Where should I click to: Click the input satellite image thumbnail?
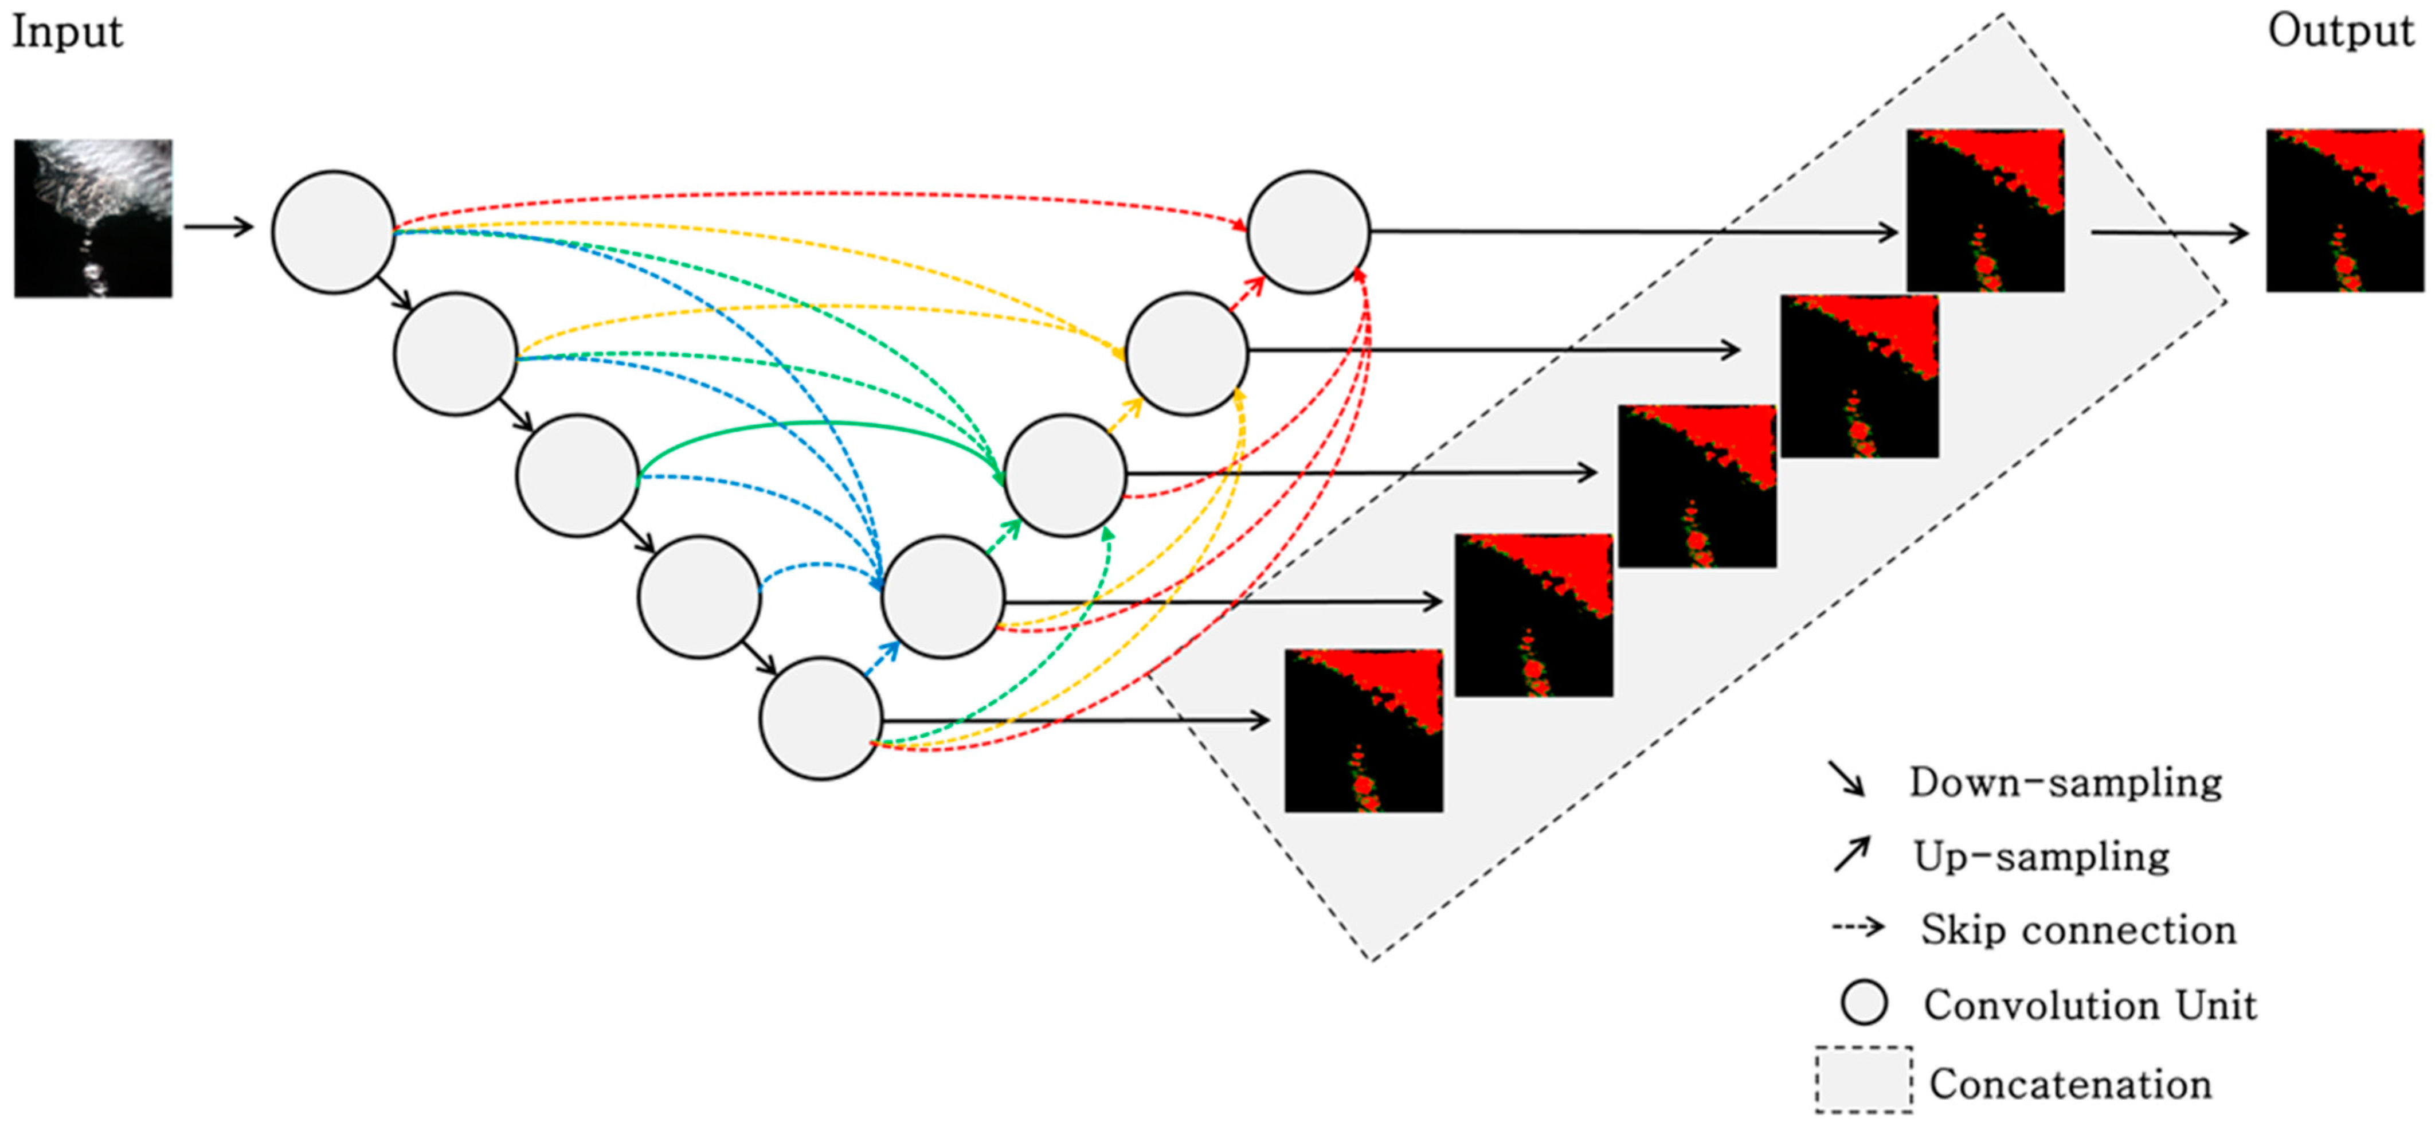(93, 218)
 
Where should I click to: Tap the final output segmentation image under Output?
(2344, 210)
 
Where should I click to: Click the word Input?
(66, 32)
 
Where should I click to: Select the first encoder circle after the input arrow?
(332, 232)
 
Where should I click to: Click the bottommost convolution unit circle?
(820, 718)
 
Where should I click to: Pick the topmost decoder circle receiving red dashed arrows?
(1308, 232)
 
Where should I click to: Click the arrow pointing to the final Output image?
(2170, 233)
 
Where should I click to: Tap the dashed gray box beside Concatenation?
(1863, 1080)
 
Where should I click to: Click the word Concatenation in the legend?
(2070, 1084)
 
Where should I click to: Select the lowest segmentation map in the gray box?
(1363, 730)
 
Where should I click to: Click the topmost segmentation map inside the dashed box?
(1985, 210)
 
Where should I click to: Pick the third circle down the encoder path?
(577, 475)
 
